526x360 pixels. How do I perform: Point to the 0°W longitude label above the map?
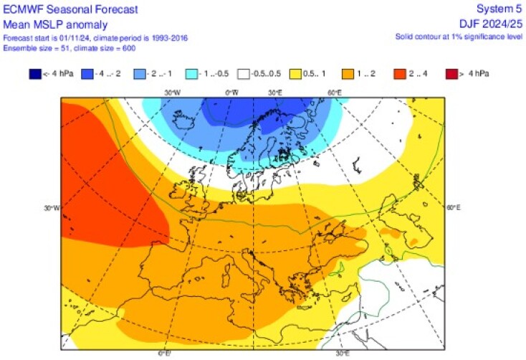coord(232,93)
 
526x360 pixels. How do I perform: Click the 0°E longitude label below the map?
coord(163,353)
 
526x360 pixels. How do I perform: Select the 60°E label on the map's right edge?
coord(453,209)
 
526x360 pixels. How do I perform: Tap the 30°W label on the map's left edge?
coord(51,209)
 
